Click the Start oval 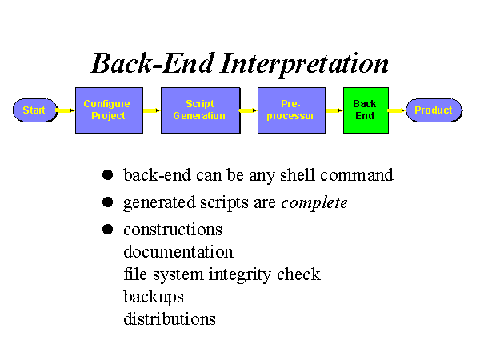click(x=35, y=110)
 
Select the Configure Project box click(x=110, y=110)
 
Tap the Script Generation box click(x=201, y=110)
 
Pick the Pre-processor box click(x=291, y=110)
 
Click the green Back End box click(x=366, y=110)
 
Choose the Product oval click(x=434, y=110)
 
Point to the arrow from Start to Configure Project click(x=66, y=110)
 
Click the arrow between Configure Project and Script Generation click(x=152, y=110)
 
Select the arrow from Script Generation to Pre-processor click(x=249, y=110)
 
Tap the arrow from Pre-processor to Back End click(x=334, y=110)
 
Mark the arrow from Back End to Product click(x=398, y=110)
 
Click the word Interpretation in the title click(x=304, y=64)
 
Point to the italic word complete click(x=314, y=202)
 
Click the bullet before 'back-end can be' click(x=107, y=175)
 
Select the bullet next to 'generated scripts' click(x=107, y=202)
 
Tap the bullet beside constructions click(x=107, y=230)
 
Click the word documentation click(x=178, y=252)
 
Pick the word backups click(x=154, y=297)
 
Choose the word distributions click(x=170, y=318)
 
